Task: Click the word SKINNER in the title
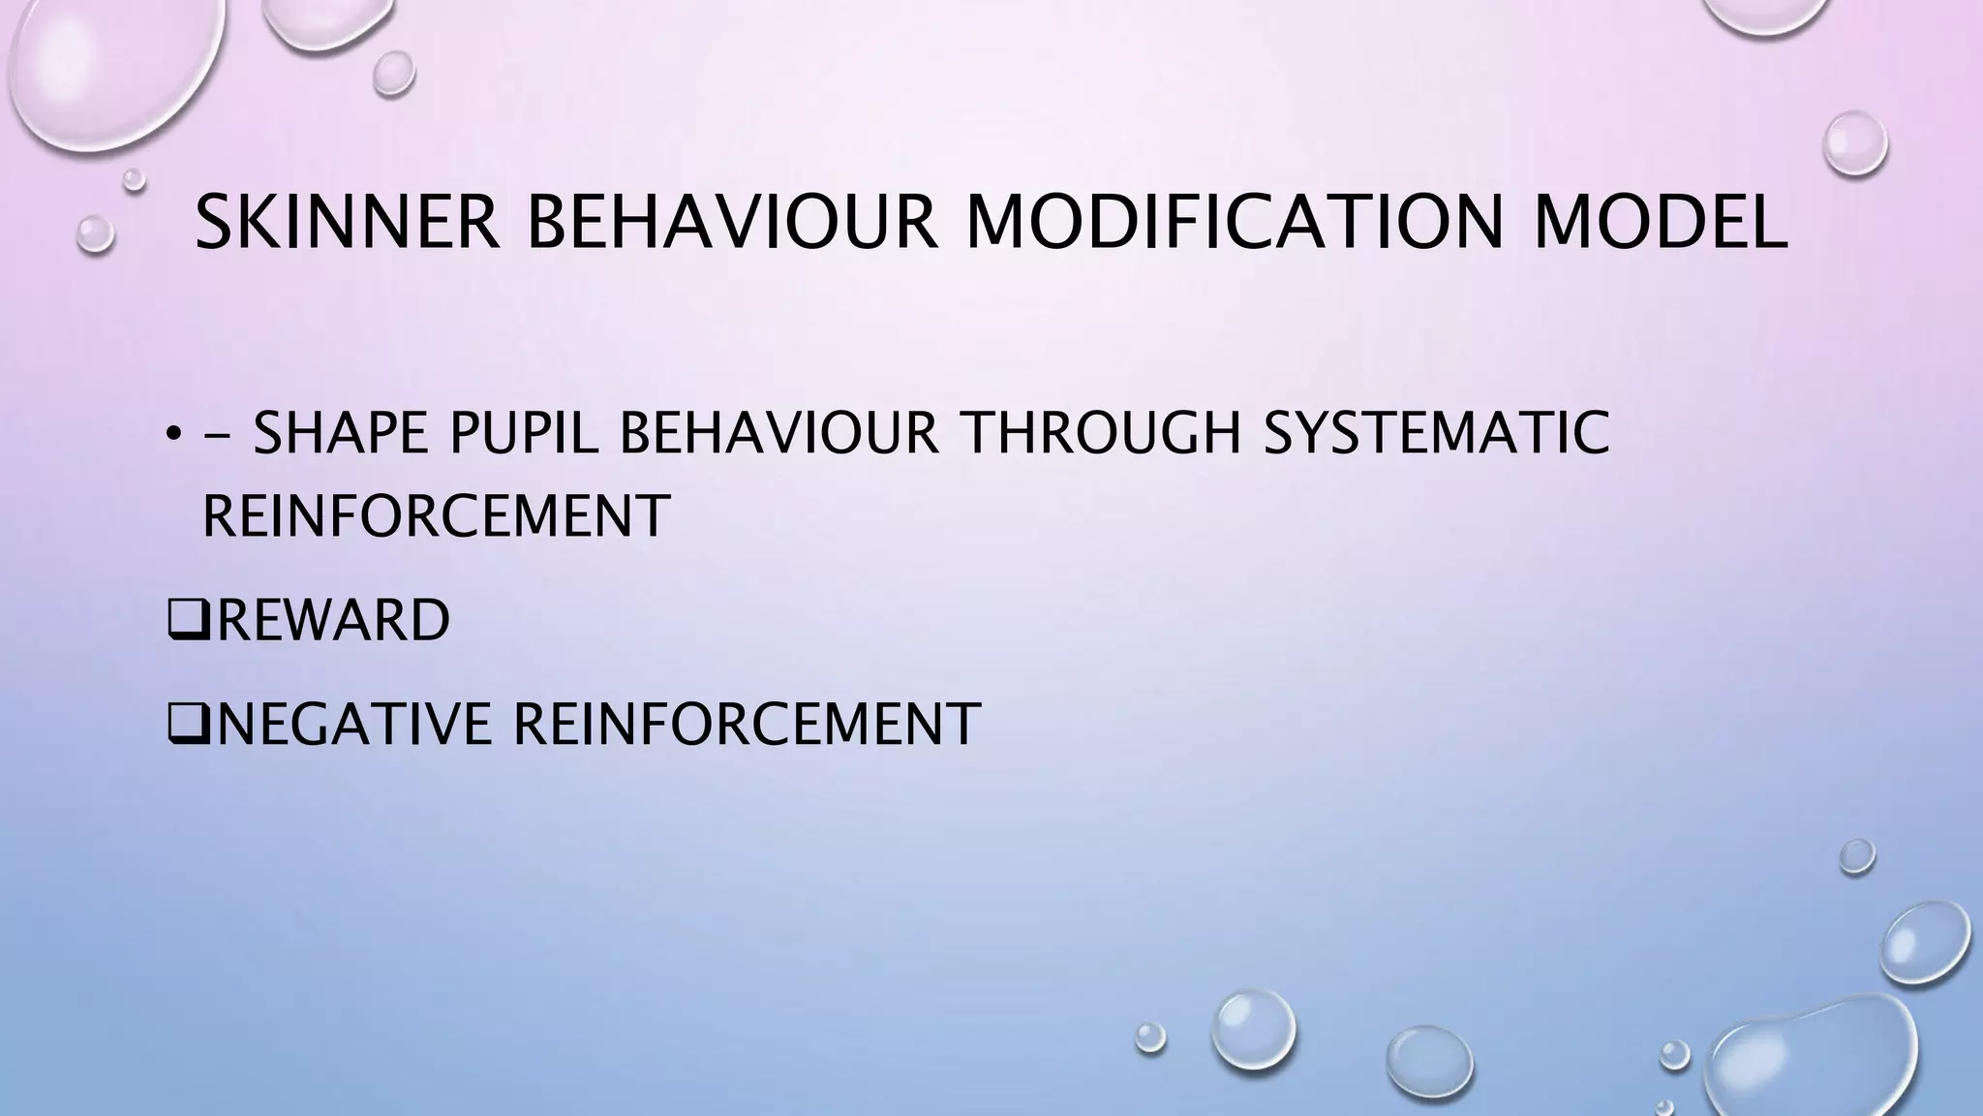tap(348, 223)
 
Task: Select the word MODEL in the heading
tap(1660, 223)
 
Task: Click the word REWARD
tap(333, 620)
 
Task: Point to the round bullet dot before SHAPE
tap(172, 434)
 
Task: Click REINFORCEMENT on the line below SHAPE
tap(436, 515)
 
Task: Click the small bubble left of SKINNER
tap(95, 233)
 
